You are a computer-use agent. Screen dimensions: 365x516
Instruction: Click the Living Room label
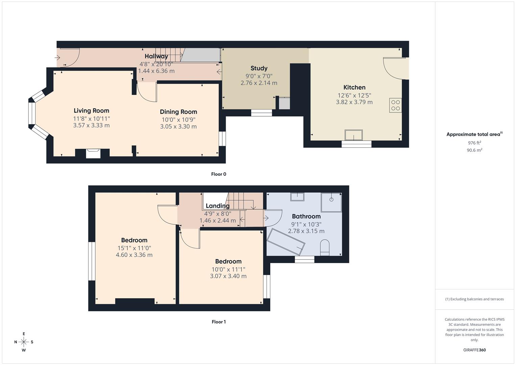tap(91, 111)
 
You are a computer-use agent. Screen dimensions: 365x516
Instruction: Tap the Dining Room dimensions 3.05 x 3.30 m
tap(178, 127)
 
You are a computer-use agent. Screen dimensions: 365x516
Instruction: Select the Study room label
tap(259, 68)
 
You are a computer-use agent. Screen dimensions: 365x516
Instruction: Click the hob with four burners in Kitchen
tap(395, 105)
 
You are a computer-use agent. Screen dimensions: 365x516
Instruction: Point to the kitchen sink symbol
tap(353, 135)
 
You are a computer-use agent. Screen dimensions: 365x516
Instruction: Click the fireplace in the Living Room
tap(93, 153)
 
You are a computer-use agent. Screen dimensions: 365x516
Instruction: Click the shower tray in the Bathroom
tap(331, 202)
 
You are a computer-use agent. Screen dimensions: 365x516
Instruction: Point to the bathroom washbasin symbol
tap(297, 196)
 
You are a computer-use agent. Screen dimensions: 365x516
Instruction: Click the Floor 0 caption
tap(219, 174)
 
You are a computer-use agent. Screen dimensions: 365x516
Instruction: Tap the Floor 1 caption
tap(219, 322)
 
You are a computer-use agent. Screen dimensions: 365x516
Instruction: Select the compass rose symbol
tap(24, 342)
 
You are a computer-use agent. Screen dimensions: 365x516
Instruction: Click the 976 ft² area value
tap(474, 143)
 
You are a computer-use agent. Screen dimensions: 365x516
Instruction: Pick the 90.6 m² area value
tap(474, 150)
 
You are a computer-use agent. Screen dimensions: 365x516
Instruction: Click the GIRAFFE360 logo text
tap(474, 350)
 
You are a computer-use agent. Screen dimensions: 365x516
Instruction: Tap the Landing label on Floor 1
tap(218, 206)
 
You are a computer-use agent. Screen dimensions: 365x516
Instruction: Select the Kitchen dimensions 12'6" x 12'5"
tap(354, 95)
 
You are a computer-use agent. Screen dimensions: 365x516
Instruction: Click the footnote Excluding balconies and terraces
tap(474, 299)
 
